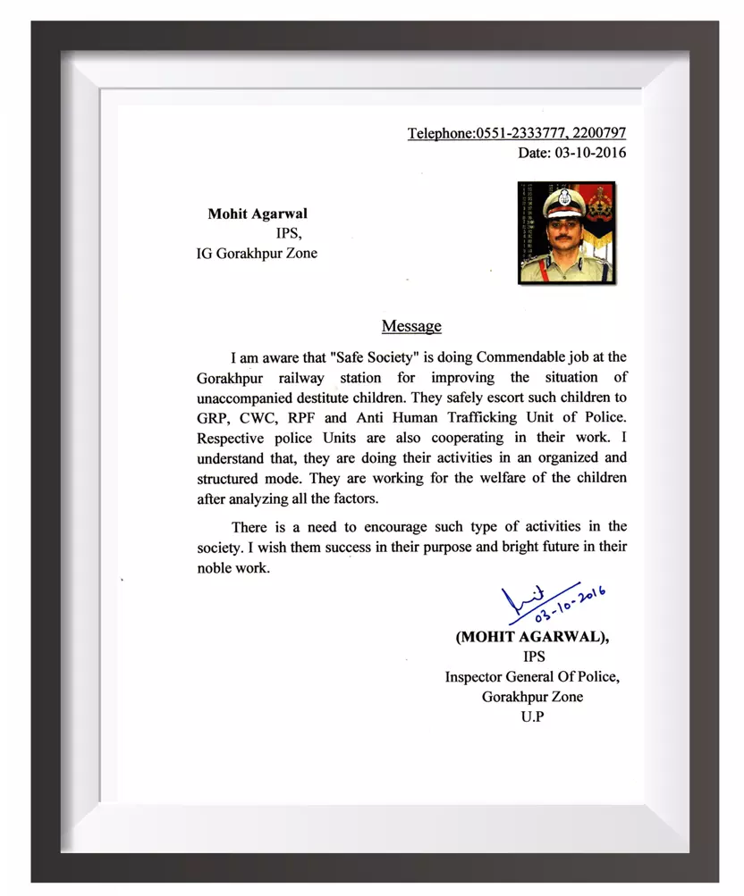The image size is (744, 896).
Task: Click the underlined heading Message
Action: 411,326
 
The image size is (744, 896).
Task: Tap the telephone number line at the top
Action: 517,133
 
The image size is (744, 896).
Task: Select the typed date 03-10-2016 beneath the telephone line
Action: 572,153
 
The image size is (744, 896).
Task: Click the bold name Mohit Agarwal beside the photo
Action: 258,214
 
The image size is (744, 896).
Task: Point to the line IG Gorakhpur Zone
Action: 257,253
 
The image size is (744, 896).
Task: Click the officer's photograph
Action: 566,233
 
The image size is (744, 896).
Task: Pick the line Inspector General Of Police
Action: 532,676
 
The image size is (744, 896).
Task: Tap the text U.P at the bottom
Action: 532,716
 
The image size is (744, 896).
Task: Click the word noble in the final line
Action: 216,566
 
